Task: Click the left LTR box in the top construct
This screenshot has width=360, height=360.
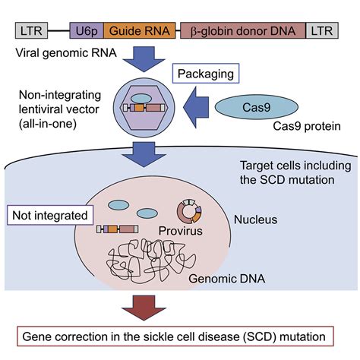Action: (x=31, y=30)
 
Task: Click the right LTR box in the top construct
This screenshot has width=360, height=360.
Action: (x=322, y=30)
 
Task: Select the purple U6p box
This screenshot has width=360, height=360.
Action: (x=87, y=30)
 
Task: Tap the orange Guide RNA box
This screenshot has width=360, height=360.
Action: (x=140, y=30)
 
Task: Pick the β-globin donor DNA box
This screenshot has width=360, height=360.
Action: (x=243, y=30)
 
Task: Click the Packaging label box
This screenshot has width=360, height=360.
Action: (x=206, y=74)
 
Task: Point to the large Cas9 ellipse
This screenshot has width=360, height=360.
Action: (x=257, y=107)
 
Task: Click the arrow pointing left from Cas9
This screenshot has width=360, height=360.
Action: (x=196, y=108)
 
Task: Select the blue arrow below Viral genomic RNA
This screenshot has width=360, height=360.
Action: (x=144, y=59)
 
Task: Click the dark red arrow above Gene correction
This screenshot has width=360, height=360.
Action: (x=144, y=308)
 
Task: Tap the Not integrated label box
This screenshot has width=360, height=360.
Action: (x=50, y=216)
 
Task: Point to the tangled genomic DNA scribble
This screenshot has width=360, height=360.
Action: (x=151, y=261)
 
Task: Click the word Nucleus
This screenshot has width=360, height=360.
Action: (x=255, y=219)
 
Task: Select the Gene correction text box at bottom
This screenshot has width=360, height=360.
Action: (x=175, y=336)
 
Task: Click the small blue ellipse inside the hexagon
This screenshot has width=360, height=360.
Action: (x=141, y=99)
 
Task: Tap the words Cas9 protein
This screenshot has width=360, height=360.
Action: (x=307, y=126)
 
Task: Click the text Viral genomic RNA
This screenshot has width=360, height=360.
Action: (x=66, y=53)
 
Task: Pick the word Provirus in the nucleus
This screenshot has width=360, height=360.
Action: (x=181, y=231)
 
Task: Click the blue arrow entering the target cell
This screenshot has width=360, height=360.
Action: (x=144, y=154)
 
